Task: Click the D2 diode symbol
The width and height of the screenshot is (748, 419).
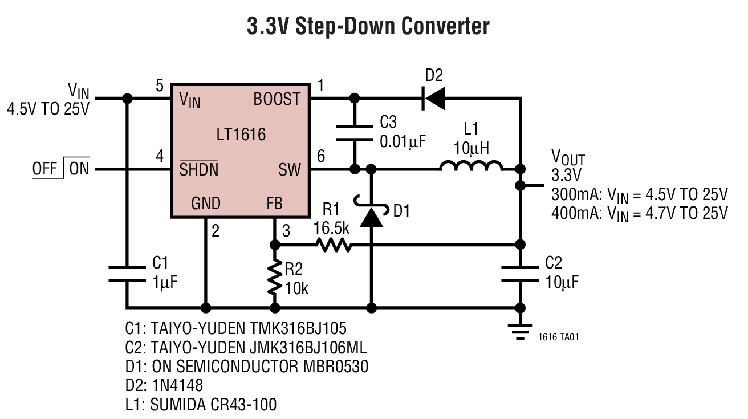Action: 434,98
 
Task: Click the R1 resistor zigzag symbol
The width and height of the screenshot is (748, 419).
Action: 333,245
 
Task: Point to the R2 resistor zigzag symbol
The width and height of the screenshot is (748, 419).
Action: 275,277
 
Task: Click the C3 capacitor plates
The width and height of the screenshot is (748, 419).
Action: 355,132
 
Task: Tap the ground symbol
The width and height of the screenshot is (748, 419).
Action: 520,331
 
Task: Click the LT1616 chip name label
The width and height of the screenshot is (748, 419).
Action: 241,135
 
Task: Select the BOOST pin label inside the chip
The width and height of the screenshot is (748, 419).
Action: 277,100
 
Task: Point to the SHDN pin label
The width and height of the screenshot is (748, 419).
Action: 198,169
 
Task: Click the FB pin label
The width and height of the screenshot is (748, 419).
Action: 274,204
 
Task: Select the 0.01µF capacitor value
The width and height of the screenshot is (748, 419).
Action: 403,140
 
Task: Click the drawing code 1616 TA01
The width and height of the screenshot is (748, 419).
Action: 558,337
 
